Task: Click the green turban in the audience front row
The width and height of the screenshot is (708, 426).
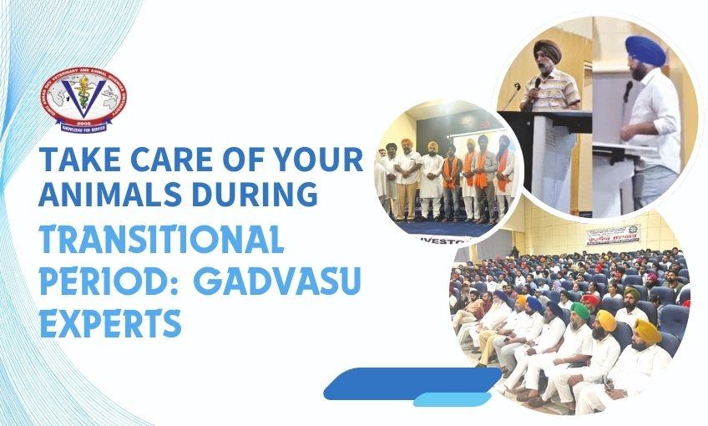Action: click(x=579, y=312)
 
